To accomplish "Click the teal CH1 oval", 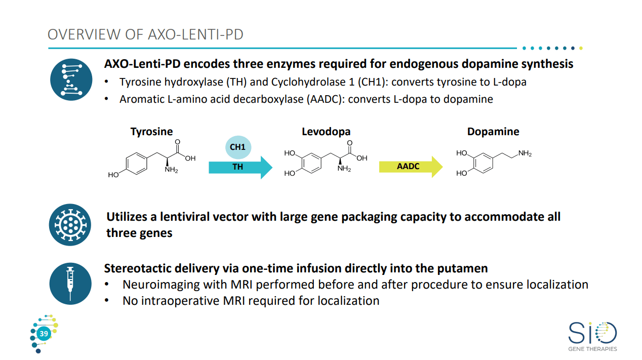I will pos(237,147).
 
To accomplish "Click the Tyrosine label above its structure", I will pos(151,132).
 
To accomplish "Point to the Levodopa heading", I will pos(326,132).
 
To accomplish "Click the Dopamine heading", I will pos(493,132).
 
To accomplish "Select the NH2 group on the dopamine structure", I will pos(525,153).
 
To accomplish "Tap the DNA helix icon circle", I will pos(71,79).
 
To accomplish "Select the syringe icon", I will pos(71,283).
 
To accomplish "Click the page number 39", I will pos(44,334).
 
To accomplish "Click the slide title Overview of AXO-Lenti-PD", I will pos(145,34).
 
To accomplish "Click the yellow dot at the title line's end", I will pos(581,49).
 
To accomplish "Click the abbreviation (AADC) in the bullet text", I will pos(326,99).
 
